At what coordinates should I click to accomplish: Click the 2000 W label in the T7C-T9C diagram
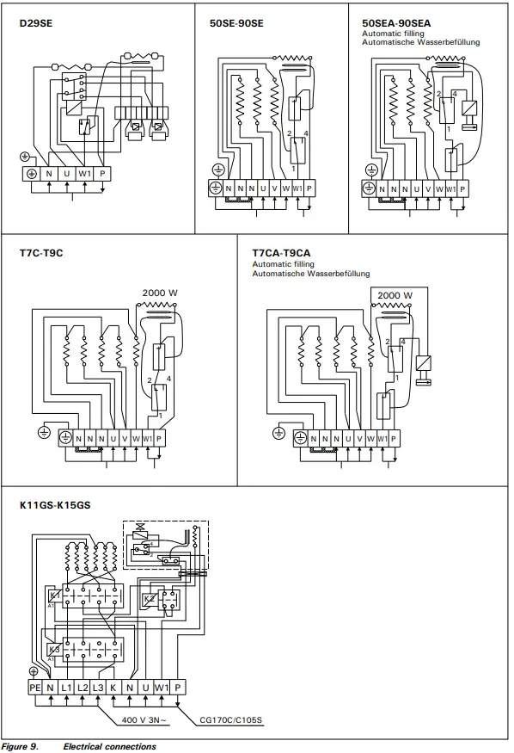pyautogui.click(x=160, y=293)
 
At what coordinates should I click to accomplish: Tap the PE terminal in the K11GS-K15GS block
pyautogui.click(x=34, y=688)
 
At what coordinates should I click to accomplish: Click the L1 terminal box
pyautogui.click(x=66, y=688)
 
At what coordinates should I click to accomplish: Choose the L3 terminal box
pyautogui.click(x=98, y=688)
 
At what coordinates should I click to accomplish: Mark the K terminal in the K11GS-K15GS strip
pyautogui.click(x=113, y=688)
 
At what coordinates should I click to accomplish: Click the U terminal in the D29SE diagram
pyautogui.click(x=66, y=173)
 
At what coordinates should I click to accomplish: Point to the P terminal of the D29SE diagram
pyautogui.click(x=102, y=173)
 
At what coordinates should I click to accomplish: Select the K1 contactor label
pyautogui.click(x=53, y=596)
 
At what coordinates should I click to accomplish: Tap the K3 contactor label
pyautogui.click(x=53, y=648)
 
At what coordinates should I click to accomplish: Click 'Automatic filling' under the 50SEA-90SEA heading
pyautogui.click(x=392, y=34)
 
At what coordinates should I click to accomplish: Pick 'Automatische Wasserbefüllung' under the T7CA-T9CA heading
pyautogui.click(x=310, y=273)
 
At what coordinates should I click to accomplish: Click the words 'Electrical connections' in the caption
pyautogui.click(x=109, y=746)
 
